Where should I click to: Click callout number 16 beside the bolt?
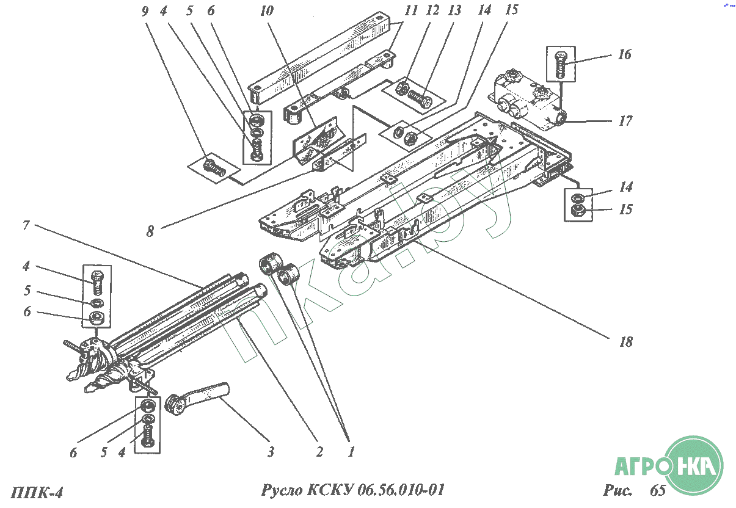[x=624, y=55]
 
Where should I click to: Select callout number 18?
[x=625, y=342]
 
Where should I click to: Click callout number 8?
[x=150, y=231]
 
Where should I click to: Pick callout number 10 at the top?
[x=267, y=11]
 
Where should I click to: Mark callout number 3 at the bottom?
[x=269, y=452]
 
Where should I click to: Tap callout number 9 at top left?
[x=145, y=11]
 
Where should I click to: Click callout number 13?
[x=453, y=10]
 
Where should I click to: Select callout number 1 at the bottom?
[x=351, y=452]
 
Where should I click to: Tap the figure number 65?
[x=658, y=491]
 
